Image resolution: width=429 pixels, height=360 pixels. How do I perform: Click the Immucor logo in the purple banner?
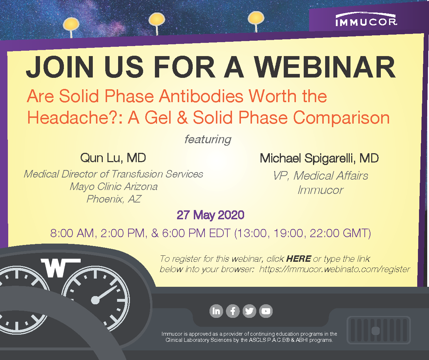pyautogui.click(x=366, y=20)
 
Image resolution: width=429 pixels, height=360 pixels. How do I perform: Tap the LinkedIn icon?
pyautogui.click(x=216, y=311)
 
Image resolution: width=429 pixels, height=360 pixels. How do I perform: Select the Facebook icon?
pyautogui.click(x=233, y=311)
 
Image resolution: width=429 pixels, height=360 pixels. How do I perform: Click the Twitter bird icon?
pyautogui.click(x=249, y=311)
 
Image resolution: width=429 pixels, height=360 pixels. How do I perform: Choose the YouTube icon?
pyautogui.click(x=266, y=311)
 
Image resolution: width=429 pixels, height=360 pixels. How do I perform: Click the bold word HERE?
pyautogui.click(x=298, y=259)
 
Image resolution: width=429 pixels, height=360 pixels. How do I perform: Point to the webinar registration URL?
pyautogui.click(x=334, y=269)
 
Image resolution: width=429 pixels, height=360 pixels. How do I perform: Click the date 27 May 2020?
pyautogui.click(x=210, y=215)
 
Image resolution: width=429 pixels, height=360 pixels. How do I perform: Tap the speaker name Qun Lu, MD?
pyautogui.click(x=113, y=158)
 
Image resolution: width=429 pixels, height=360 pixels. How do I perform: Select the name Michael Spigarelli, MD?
pyautogui.click(x=319, y=158)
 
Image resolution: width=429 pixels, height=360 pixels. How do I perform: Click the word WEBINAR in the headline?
pyautogui.click(x=324, y=67)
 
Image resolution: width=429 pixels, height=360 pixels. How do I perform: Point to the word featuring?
pyautogui.click(x=208, y=139)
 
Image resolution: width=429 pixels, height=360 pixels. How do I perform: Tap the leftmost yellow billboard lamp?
pyautogui.click(x=71, y=24)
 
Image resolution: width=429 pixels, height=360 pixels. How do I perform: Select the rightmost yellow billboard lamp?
pyautogui.click(x=256, y=18)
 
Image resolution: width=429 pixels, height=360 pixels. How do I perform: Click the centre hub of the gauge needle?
pyautogui.click(x=95, y=300)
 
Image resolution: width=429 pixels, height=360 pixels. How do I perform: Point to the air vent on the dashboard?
pyautogui.click(x=379, y=330)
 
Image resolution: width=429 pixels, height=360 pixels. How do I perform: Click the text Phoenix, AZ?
pyautogui.click(x=113, y=199)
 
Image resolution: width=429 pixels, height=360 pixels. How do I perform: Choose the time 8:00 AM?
pyautogui.click(x=72, y=233)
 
